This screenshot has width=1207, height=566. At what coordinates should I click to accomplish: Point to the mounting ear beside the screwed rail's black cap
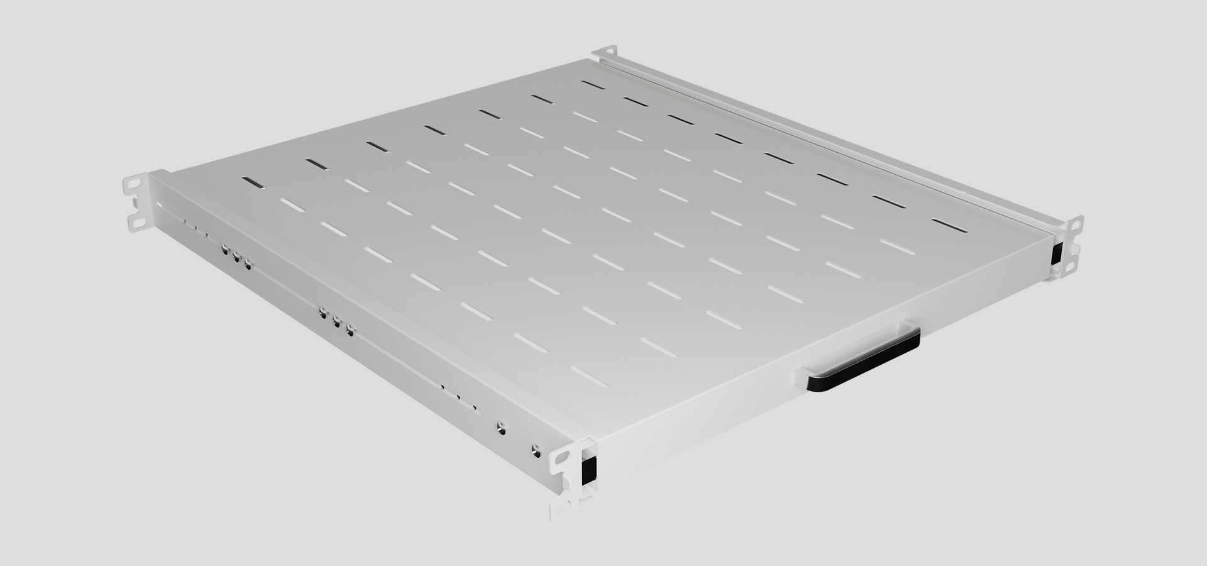[564, 478]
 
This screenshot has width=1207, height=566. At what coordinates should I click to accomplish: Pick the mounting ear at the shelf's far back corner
[606, 55]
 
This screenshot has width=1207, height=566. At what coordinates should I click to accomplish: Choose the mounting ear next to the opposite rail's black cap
[1069, 248]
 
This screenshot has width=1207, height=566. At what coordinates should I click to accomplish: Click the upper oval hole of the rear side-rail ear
[133, 184]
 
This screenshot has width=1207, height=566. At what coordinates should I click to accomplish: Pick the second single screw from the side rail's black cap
[500, 426]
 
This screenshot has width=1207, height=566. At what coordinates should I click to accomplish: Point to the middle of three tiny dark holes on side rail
[458, 397]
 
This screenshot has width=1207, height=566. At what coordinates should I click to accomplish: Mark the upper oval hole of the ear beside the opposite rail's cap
[1077, 224]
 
